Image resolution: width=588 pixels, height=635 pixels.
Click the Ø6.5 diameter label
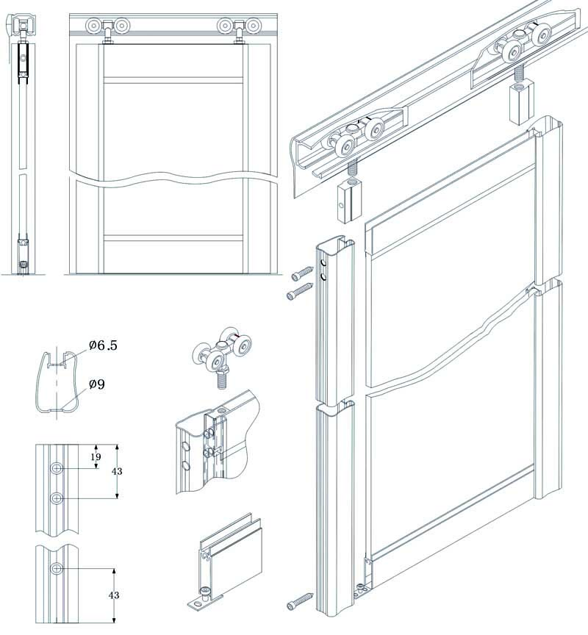(103, 345)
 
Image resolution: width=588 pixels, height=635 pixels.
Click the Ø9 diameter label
(96, 384)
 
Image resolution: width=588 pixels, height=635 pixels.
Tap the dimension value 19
(96, 457)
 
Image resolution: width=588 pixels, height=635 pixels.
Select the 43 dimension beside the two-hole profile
(117, 471)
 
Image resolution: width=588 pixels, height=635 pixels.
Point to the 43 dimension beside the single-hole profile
(114, 595)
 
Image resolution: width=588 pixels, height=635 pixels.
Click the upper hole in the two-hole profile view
(57, 469)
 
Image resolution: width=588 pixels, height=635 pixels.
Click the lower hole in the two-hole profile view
(57, 498)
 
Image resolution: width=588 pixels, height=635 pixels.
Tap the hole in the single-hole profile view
(57, 569)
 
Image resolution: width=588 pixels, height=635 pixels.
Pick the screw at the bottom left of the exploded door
(300, 601)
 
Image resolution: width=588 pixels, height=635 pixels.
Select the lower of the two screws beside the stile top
(300, 291)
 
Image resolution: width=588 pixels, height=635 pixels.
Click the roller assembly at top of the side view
(23, 25)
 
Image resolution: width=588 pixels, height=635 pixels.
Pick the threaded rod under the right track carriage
(518, 75)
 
